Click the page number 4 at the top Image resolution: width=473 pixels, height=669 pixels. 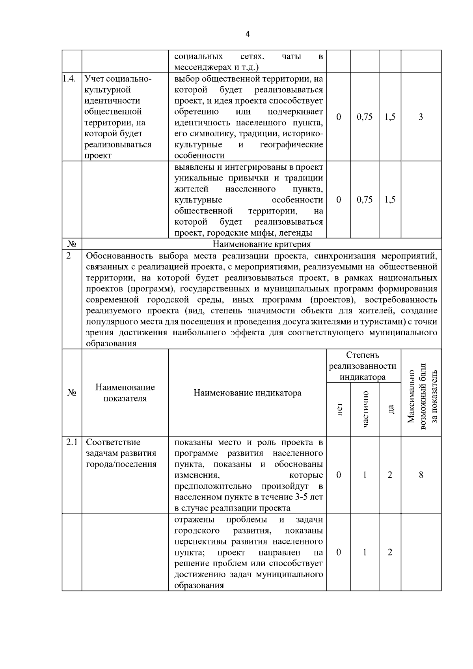coord(247,34)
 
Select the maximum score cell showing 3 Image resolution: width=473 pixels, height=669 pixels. coord(421,117)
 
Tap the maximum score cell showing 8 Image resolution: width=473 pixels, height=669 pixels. coord(421,475)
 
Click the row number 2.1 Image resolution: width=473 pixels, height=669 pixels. coord(71,442)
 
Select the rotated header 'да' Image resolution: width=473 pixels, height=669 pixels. coord(390,410)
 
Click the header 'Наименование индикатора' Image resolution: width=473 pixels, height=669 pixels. coord(247,393)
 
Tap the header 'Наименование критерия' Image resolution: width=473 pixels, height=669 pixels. coord(262,244)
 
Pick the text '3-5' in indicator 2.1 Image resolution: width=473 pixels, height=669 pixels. coord(303,497)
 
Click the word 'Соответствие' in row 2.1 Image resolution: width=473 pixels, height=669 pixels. coord(113,442)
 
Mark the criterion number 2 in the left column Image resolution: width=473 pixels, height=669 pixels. coord(69,256)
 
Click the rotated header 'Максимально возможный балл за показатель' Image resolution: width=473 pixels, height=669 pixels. coord(421,396)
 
